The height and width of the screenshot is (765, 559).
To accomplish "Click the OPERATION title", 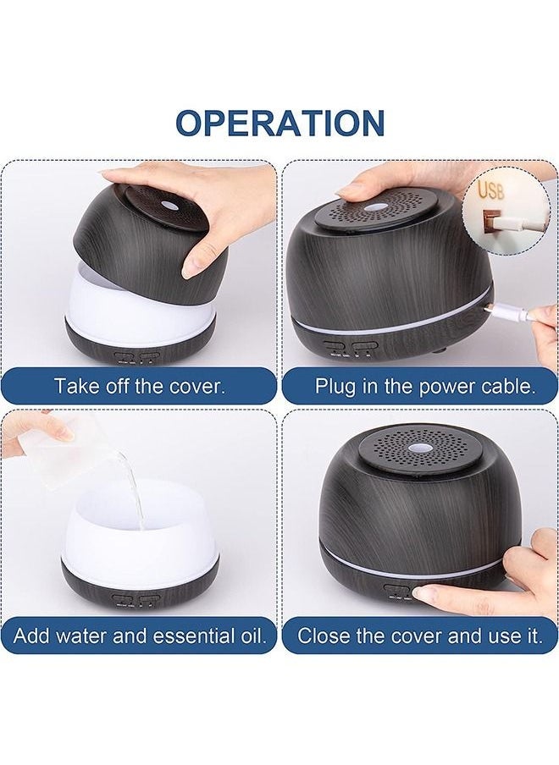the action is (279, 123).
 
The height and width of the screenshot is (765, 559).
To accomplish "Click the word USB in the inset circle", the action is (490, 190).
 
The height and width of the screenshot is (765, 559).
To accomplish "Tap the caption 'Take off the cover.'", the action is (140, 386).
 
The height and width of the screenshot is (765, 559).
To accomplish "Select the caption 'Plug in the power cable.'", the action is (425, 386).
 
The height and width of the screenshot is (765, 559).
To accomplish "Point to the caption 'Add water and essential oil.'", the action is (140, 636).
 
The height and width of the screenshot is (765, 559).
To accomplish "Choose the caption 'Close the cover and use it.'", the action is (420, 636).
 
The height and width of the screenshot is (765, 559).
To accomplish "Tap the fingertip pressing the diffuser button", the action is (421, 593).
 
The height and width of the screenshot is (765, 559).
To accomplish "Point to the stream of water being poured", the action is (135, 489).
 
